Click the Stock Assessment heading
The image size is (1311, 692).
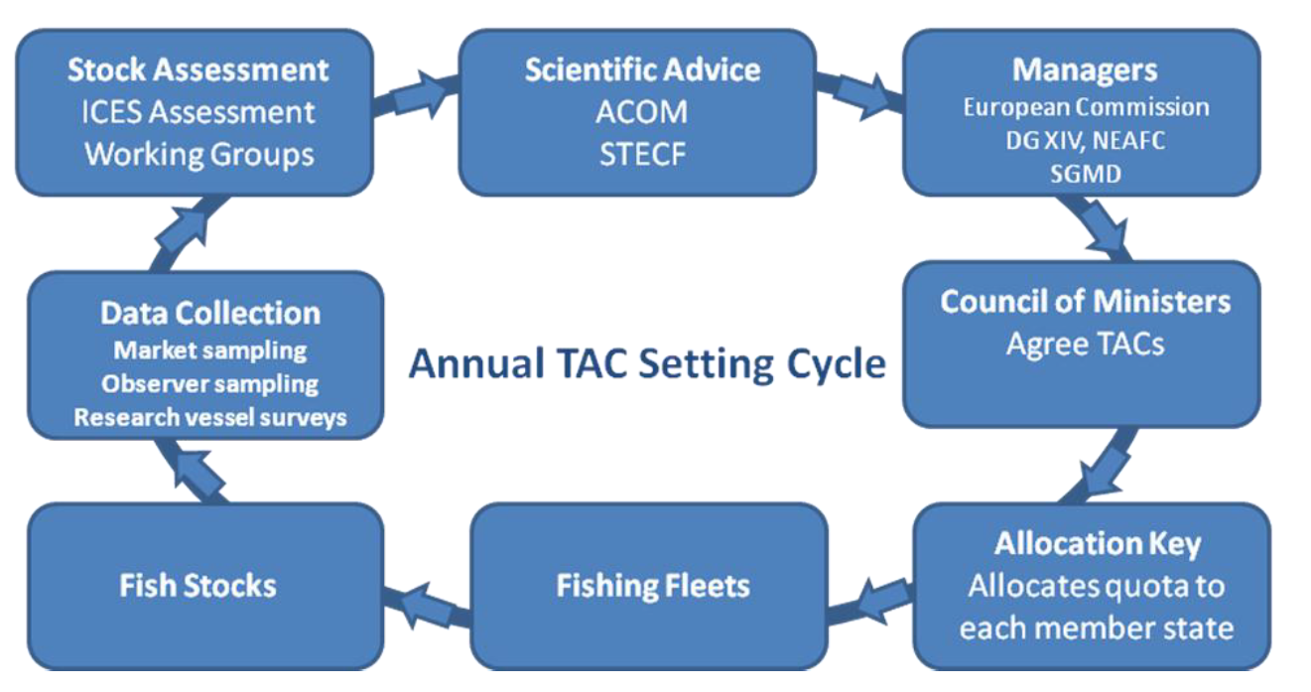[x=197, y=69]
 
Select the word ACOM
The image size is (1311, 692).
[x=641, y=112]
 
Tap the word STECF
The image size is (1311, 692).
[x=641, y=155]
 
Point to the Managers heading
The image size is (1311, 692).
[x=1085, y=69]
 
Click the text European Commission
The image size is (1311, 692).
[x=1086, y=107]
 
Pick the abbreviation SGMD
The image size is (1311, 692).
[x=1085, y=174]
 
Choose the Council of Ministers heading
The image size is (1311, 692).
[x=1085, y=301]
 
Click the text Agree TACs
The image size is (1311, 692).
[x=1085, y=344]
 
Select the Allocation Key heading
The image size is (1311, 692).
[x=1097, y=544]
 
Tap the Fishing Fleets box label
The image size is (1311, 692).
[x=652, y=585]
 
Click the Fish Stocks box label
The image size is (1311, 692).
[x=197, y=585]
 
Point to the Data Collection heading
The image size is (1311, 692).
[x=210, y=314]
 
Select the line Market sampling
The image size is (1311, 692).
[x=210, y=349]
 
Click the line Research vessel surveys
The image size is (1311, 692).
[x=210, y=417]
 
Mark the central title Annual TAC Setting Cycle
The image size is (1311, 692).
[x=647, y=363]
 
